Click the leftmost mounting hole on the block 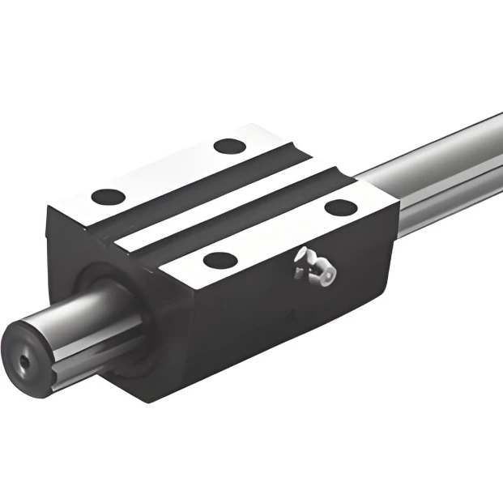tap(108, 196)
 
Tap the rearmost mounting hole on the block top tap(228, 147)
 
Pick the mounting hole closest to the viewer tap(219, 260)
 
